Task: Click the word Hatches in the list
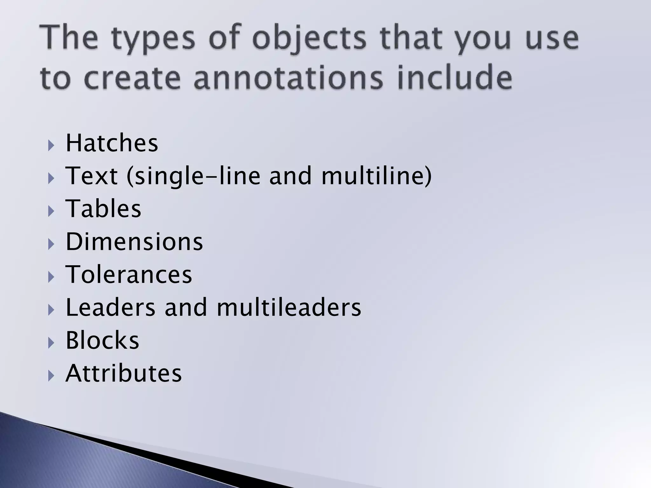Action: click(x=112, y=143)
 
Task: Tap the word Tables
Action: click(x=103, y=209)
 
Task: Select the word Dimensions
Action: click(x=134, y=242)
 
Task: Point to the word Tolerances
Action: click(x=129, y=274)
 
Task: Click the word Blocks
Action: click(x=102, y=340)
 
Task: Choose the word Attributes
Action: click(x=124, y=373)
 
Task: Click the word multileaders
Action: click(x=289, y=307)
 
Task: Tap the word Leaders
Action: click(x=111, y=307)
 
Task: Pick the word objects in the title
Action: click(x=309, y=40)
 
